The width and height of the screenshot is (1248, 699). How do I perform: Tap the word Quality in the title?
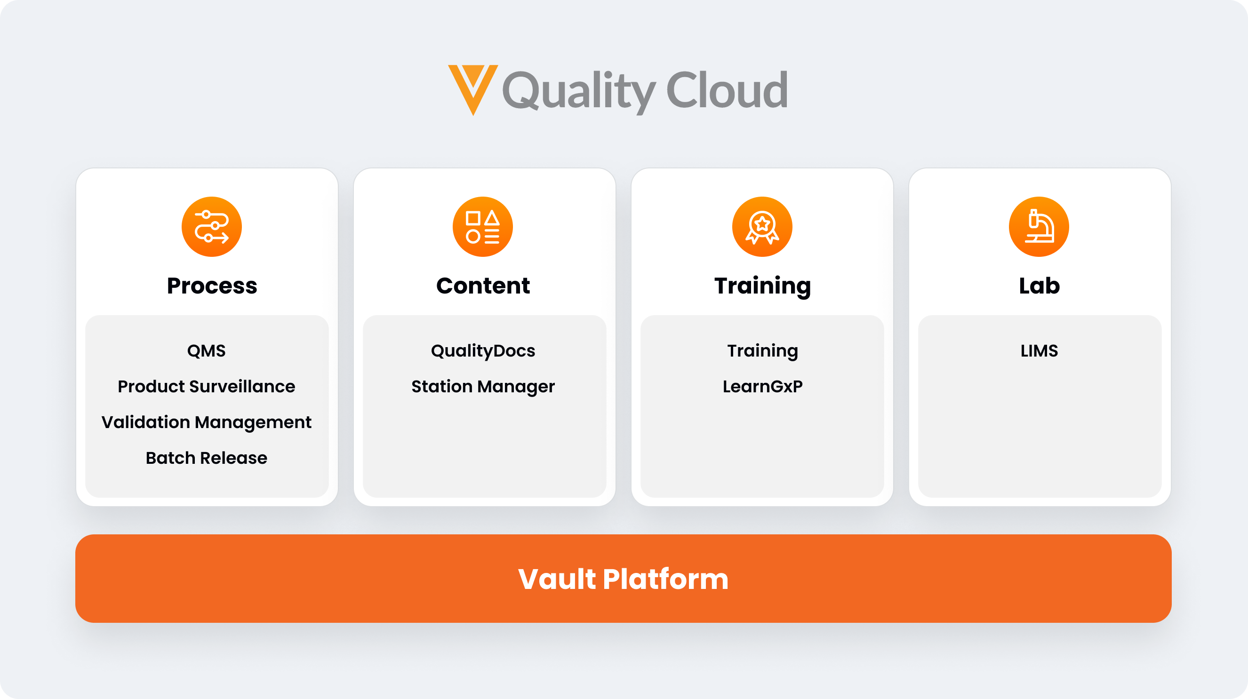[579, 92]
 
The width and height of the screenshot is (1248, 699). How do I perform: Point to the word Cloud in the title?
[727, 90]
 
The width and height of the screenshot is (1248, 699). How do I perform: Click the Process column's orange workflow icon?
[212, 227]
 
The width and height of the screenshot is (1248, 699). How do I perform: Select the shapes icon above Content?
[482, 227]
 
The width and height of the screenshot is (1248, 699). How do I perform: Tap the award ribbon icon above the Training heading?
[762, 227]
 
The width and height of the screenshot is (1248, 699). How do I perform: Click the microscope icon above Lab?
[1039, 227]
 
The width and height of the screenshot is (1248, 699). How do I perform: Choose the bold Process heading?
[212, 286]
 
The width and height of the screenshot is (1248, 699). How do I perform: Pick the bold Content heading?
[483, 286]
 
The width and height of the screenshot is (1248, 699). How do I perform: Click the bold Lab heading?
[1039, 286]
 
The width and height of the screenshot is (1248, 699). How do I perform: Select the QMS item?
[207, 351]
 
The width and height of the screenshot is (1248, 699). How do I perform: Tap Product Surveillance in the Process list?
[207, 387]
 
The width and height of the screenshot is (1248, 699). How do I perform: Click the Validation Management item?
[207, 422]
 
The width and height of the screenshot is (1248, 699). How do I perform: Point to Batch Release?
[207, 458]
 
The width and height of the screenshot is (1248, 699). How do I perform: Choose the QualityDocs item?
[483, 351]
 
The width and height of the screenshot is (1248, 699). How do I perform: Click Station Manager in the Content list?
[483, 387]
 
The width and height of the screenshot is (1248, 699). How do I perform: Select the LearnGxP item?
[762, 387]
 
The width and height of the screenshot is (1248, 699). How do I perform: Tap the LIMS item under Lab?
[1039, 351]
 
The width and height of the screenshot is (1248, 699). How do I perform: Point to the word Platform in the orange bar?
[666, 579]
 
